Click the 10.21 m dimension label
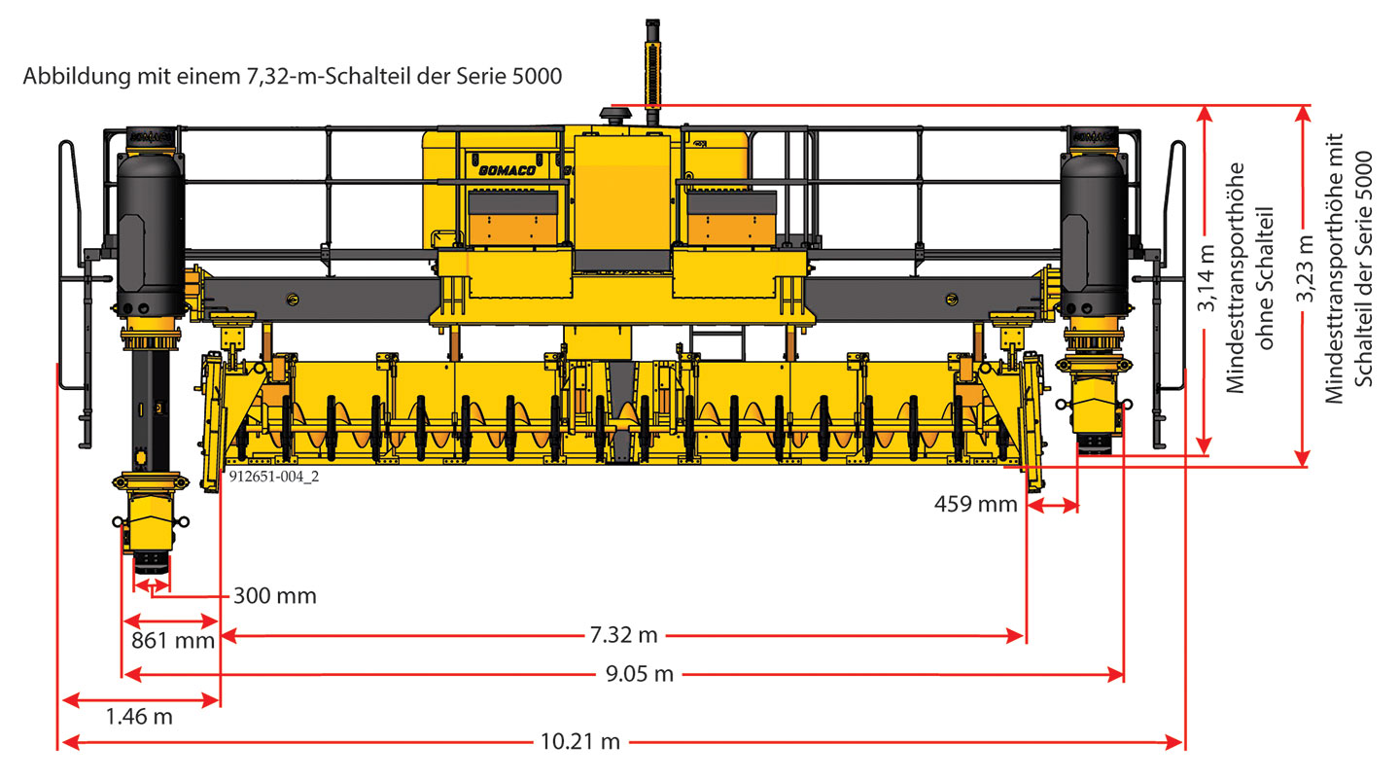point(580,742)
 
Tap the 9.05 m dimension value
point(640,674)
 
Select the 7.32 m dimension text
point(624,635)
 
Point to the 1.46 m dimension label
point(139,716)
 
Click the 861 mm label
point(173,641)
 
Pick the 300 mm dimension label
point(275,595)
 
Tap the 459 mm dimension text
point(976,504)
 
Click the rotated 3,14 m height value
point(1207,278)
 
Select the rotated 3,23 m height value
point(1305,268)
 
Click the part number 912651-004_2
point(274,477)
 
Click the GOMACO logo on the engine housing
point(507,170)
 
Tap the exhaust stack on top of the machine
point(652,72)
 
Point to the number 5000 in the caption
point(537,76)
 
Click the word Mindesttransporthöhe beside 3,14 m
point(1235,278)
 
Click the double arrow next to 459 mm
point(1053,505)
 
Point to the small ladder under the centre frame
point(718,342)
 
